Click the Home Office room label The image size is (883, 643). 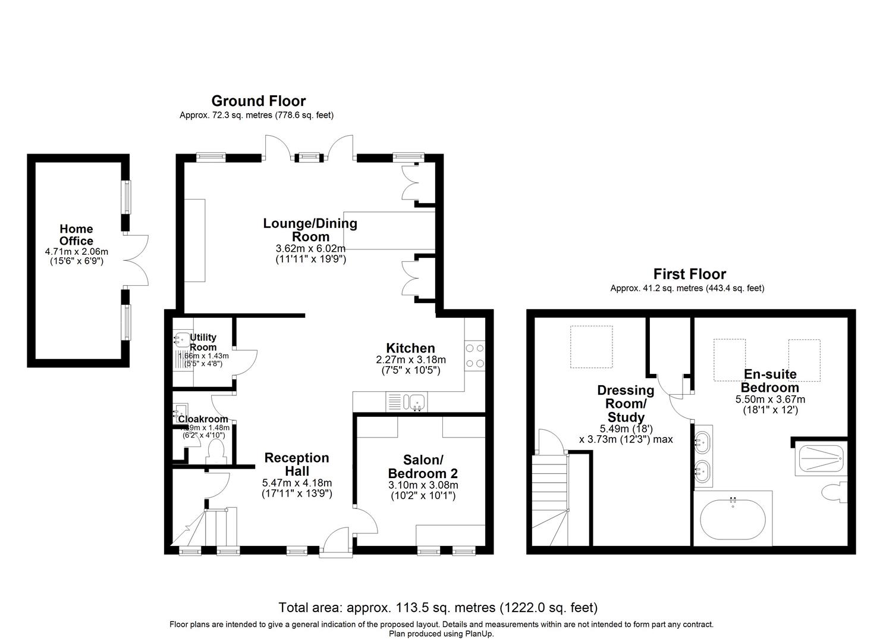[76, 235]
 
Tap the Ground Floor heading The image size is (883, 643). [258, 101]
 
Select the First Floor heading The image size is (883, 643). [689, 274]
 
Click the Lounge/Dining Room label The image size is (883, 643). [310, 230]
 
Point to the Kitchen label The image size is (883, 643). [410, 348]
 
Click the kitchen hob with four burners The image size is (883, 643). [475, 355]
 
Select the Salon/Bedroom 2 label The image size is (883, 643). [423, 467]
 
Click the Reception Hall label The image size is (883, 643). [296, 464]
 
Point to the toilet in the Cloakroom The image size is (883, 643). [214, 452]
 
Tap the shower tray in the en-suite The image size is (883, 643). [819, 460]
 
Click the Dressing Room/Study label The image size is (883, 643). [626, 404]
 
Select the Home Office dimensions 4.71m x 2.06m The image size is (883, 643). [76, 252]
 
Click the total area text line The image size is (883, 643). [438, 608]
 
